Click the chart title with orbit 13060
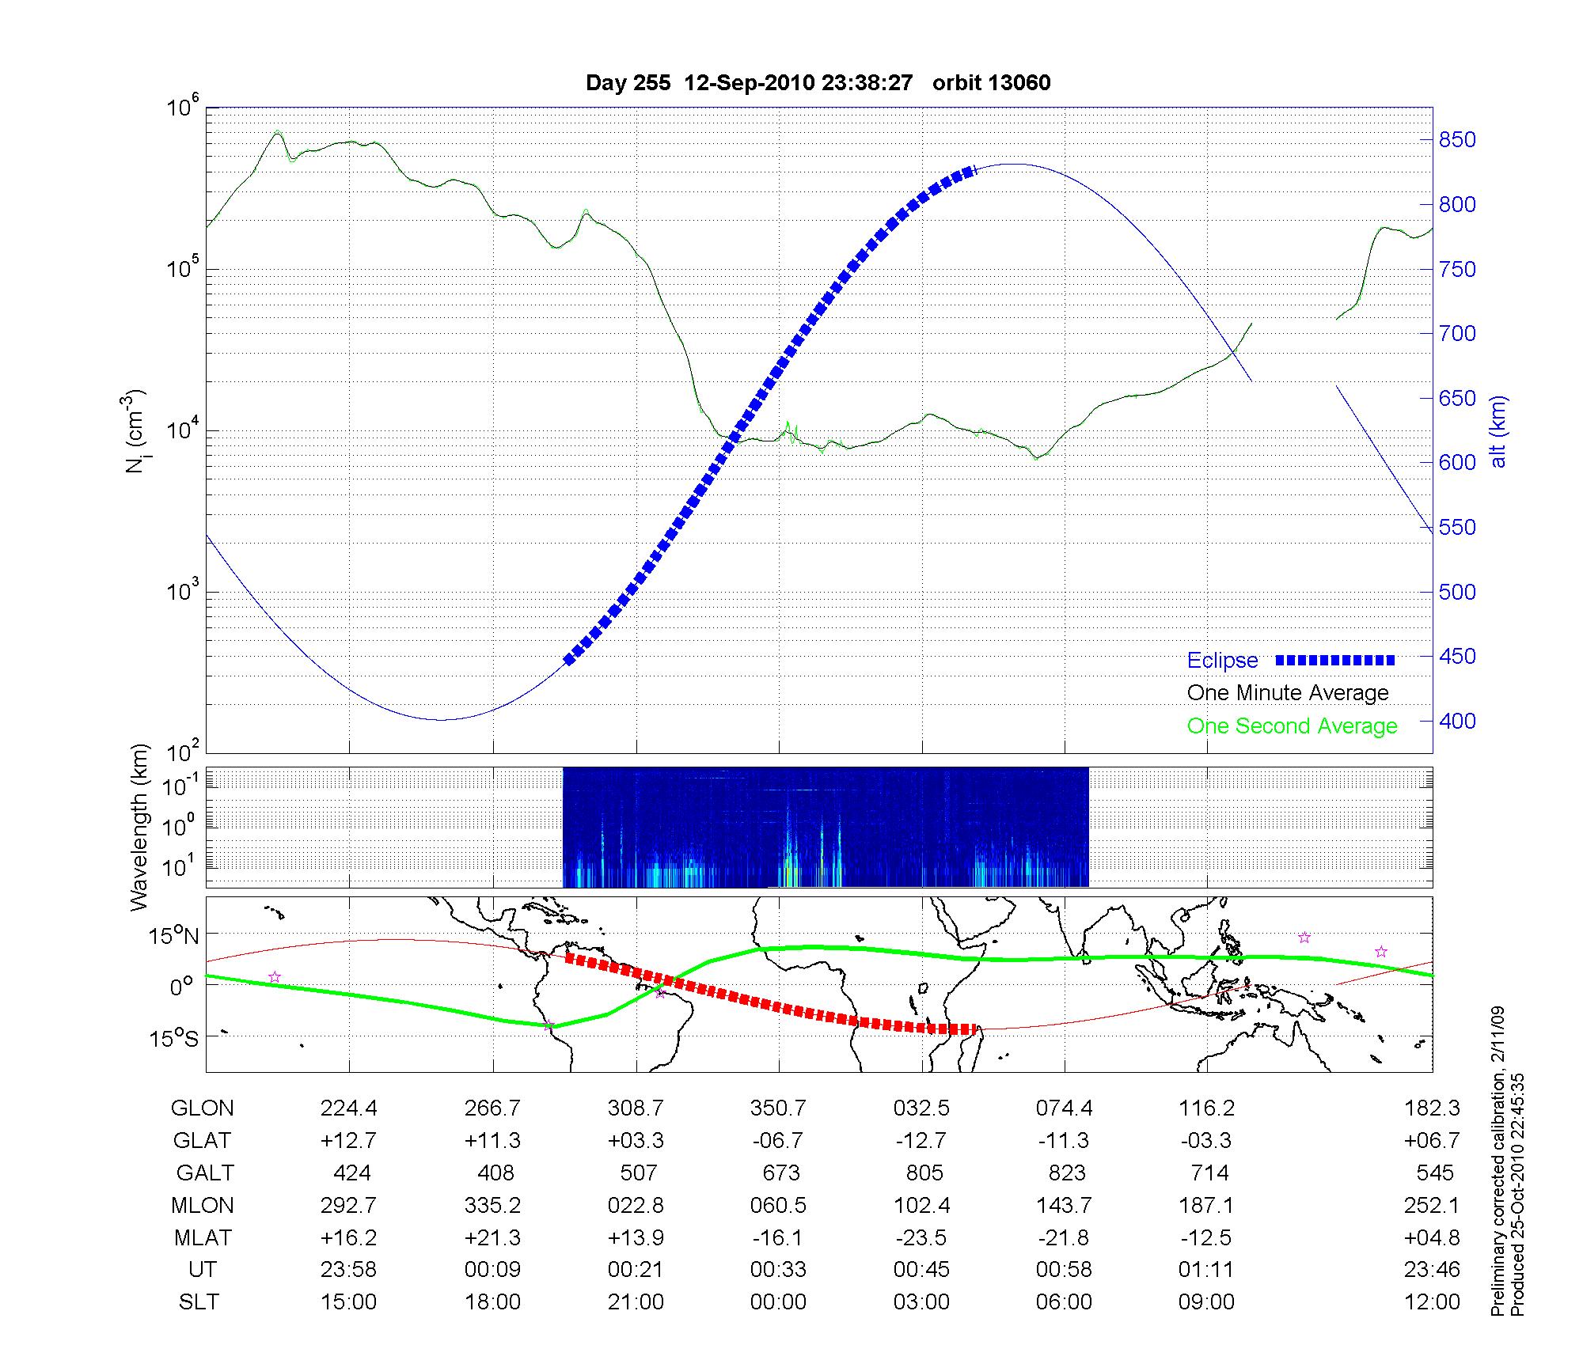click(x=818, y=83)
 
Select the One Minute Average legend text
click(x=1288, y=693)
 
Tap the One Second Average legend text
click(x=1292, y=726)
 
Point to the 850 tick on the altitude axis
click(x=1457, y=140)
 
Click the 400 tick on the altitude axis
click(x=1457, y=722)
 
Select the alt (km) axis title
click(x=1498, y=431)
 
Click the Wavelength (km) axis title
click(x=139, y=828)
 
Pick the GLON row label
click(x=202, y=1108)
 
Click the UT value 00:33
click(x=778, y=1270)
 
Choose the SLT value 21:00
click(x=636, y=1302)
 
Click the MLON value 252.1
click(x=1432, y=1205)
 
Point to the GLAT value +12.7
click(x=348, y=1141)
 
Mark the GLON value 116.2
click(x=1206, y=1108)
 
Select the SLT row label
click(x=199, y=1302)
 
